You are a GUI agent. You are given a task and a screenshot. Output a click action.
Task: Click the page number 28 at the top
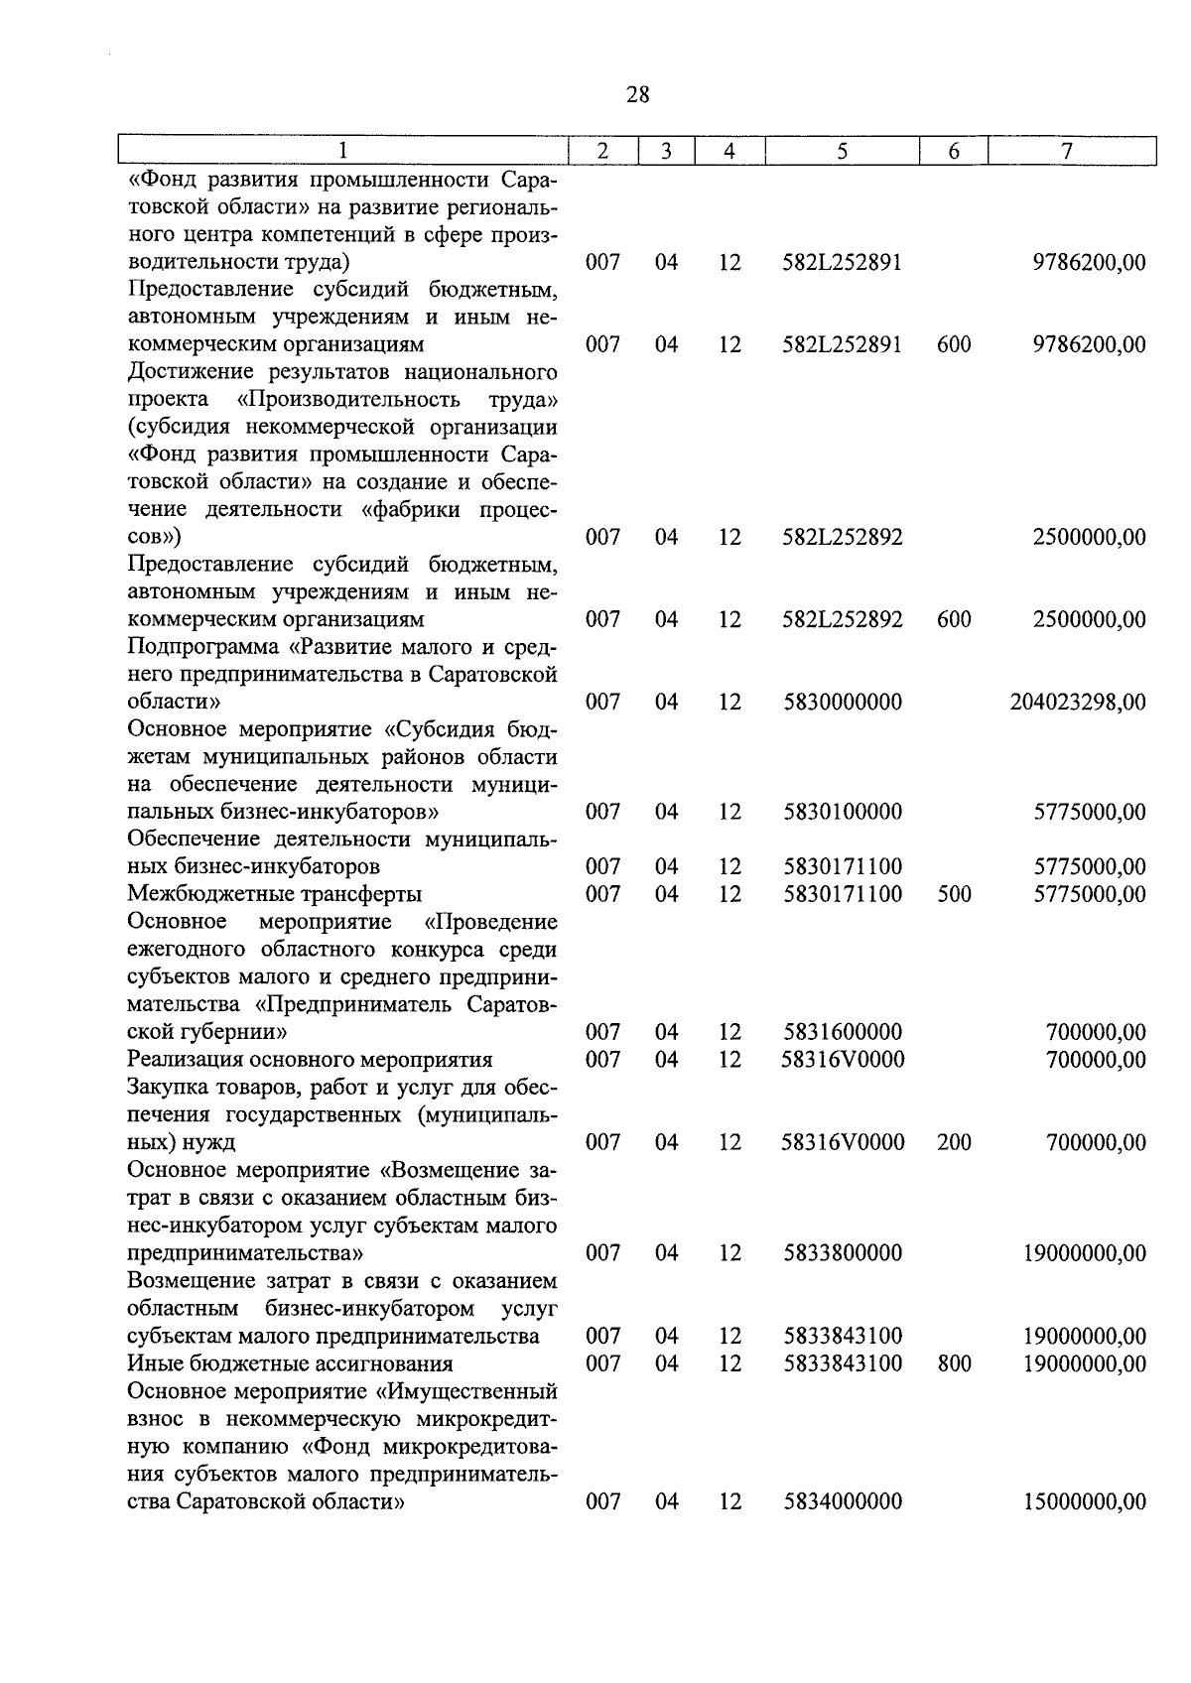tap(638, 95)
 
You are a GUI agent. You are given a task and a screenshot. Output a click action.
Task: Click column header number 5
tap(842, 151)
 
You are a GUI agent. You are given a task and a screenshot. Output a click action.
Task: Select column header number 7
tap(1066, 151)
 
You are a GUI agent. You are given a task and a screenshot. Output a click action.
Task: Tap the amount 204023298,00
tap(1078, 703)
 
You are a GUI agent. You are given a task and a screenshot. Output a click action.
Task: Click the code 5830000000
tap(843, 703)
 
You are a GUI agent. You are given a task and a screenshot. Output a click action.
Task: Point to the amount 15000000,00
tap(1085, 1501)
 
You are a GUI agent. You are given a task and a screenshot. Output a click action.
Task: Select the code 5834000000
tap(843, 1501)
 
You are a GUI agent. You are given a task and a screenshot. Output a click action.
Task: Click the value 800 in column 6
tap(954, 1363)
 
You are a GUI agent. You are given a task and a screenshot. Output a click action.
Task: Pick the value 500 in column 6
tap(954, 894)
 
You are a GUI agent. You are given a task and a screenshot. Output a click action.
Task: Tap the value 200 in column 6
tap(954, 1142)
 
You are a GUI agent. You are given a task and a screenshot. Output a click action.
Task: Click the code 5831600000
tap(843, 1032)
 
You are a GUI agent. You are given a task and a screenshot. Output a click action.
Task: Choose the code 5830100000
tap(843, 812)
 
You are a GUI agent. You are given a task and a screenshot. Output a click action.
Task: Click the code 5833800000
tap(843, 1253)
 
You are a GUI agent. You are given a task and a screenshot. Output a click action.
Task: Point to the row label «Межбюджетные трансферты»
tap(275, 894)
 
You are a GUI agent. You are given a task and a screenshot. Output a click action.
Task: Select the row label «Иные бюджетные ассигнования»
tap(291, 1363)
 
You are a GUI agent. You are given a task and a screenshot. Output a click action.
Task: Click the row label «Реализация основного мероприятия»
tap(311, 1060)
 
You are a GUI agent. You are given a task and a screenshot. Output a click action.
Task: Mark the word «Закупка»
tap(165, 1088)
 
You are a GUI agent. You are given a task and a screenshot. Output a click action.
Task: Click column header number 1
tap(342, 151)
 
